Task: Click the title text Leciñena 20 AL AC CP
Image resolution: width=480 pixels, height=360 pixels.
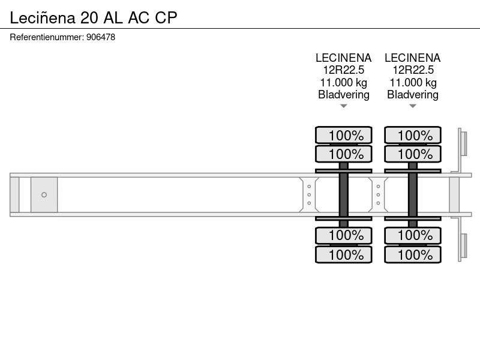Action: point(94,17)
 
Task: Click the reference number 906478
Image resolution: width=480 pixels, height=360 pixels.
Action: point(101,37)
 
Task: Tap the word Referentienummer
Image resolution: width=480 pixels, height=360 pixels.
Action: point(46,37)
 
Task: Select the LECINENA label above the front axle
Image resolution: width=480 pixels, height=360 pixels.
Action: point(343,58)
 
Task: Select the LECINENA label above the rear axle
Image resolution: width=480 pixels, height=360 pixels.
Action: point(413,58)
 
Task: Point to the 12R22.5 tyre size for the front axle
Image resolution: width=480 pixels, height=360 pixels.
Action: point(343,70)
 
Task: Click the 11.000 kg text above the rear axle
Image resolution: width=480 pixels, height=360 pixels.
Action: point(413,82)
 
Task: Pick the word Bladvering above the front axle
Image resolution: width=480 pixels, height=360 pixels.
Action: point(343,95)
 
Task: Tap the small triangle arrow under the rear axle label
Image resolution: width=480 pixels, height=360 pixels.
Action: point(413,106)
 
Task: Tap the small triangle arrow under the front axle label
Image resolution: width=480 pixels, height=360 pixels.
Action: point(343,106)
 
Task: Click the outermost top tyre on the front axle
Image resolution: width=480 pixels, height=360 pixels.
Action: point(343,135)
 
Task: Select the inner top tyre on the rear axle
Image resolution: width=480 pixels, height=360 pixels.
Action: point(413,154)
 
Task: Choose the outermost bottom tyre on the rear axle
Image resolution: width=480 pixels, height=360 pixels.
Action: point(413,254)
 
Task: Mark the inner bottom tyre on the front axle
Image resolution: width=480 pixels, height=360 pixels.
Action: point(343,235)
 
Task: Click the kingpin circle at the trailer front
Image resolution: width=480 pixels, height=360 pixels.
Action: point(44,194)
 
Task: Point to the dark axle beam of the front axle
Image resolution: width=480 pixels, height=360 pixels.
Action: point(343,194)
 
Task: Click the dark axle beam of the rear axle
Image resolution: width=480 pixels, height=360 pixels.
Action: point(413,194)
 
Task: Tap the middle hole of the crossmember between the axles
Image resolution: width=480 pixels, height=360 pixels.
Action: point(378,194)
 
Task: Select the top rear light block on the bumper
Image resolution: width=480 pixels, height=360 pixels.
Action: point(464,143)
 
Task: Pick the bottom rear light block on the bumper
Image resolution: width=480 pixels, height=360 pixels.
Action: point(464,246)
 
